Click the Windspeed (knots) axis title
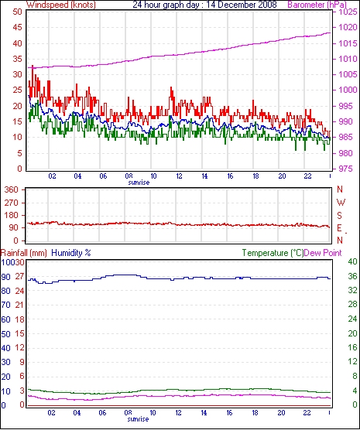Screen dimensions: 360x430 61,5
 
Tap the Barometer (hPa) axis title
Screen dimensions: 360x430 317,5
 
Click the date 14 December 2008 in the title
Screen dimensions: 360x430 241,5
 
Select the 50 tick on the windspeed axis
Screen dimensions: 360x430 17,12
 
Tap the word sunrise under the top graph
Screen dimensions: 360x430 139,183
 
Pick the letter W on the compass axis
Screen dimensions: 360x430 341,203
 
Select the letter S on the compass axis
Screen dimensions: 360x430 339,216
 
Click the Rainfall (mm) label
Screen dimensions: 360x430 24,253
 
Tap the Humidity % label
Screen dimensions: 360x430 71,253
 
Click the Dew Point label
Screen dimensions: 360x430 323,253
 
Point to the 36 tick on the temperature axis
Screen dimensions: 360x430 352,276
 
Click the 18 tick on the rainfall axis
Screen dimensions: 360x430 20,319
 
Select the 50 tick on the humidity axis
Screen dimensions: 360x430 5,334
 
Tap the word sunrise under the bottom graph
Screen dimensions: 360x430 138,419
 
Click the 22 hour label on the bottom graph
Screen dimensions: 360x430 307,412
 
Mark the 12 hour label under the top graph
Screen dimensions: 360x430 179,176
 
